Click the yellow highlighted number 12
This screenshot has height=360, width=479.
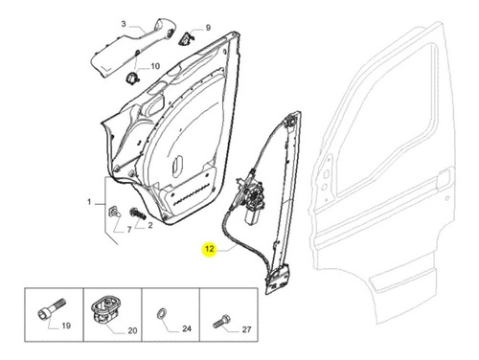[x=209, y=249]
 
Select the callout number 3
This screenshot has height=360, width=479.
[x=124, y=24]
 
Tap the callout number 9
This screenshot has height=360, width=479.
[x=208, y=28]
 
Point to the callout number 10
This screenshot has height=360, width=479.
[x=155, y=66]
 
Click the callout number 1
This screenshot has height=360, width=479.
[x=89, y=202]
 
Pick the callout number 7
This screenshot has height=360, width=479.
[x=129, y=230]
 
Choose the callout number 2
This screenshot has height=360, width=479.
[x=150, y=226]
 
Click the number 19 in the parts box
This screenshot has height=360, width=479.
[x=66, y=326]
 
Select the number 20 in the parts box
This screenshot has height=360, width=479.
[x=132, y=331]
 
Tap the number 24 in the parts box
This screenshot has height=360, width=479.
[x=187, y=328]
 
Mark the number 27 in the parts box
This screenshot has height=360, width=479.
[x=246, y=329]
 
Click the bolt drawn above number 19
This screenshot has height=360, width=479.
[x=52, y=308]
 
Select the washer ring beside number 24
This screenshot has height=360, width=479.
[x=162, y=313]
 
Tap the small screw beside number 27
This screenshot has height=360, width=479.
[x=221, y=321]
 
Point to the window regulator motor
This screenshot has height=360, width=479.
[x=253, y=203]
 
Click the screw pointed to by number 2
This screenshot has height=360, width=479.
[x=138, y=214]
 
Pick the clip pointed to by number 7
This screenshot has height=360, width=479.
[x=115, y=212]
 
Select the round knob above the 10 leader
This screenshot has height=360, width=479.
[x=132, y=78]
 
